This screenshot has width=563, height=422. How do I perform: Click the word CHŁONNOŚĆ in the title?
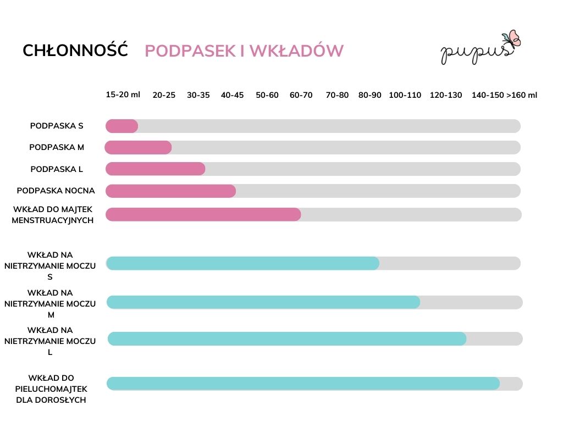[x=75, y=51]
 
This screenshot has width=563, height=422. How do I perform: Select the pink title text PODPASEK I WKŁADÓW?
[x=244, y=51]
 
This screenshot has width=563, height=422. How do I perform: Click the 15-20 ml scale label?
[x=123, y=95]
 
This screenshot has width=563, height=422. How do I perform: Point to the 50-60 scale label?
[x=267, y=95]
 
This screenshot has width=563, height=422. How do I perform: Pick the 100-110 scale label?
[x=405, y=95]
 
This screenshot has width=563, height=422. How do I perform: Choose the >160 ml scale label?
[x=522, y=95]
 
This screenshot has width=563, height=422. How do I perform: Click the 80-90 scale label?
[x=370, y=95]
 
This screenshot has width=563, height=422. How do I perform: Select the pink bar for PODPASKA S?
[x=122, y=126]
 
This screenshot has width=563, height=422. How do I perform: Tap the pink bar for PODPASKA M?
[x=139, y=147]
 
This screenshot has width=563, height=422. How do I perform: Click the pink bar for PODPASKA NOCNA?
[x=170, y=191]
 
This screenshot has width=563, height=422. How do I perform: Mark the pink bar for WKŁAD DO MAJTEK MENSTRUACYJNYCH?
[x=203, y=214]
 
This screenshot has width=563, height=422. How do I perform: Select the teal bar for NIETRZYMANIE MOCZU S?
[x=242, y=263]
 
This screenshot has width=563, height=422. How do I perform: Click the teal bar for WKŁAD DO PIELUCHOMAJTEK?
[x=303, y=384]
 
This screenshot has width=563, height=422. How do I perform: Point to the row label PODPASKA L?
[x=57, y=169]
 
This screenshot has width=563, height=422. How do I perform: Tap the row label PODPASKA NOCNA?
[x=56, y=191]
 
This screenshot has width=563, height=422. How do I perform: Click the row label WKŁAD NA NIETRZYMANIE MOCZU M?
[x=50, y=304]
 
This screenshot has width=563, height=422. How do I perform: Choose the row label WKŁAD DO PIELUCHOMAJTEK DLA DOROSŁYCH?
[x=52, y=389]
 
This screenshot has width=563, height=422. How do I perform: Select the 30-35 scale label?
[x=198, y=95]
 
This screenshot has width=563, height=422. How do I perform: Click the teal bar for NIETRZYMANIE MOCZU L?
[x=287, y=339]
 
